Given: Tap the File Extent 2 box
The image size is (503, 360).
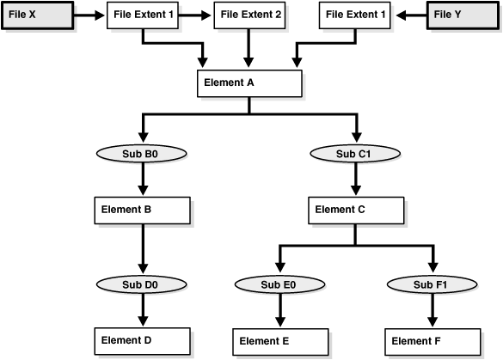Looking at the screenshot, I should (x=249, y=15).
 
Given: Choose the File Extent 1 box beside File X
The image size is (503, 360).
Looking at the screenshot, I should (x=143, y=15).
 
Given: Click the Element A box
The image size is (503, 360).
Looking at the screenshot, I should (x=249, y=83).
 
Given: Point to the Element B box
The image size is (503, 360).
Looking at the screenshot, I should (x=141, y=209).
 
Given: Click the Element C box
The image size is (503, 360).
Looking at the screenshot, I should (x=355, y=209).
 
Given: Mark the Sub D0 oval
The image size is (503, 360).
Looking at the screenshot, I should (x=141, y=284).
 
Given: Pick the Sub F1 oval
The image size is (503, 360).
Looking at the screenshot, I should (x=434, y=284).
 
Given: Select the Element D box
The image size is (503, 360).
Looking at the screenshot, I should (x=141, y=340).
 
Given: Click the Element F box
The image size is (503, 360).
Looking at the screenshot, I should (x=434, y=341).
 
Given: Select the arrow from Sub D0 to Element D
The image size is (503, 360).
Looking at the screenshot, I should (x=141, y=311).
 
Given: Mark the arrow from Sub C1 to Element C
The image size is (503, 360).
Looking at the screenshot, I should (x=355, y=180).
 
